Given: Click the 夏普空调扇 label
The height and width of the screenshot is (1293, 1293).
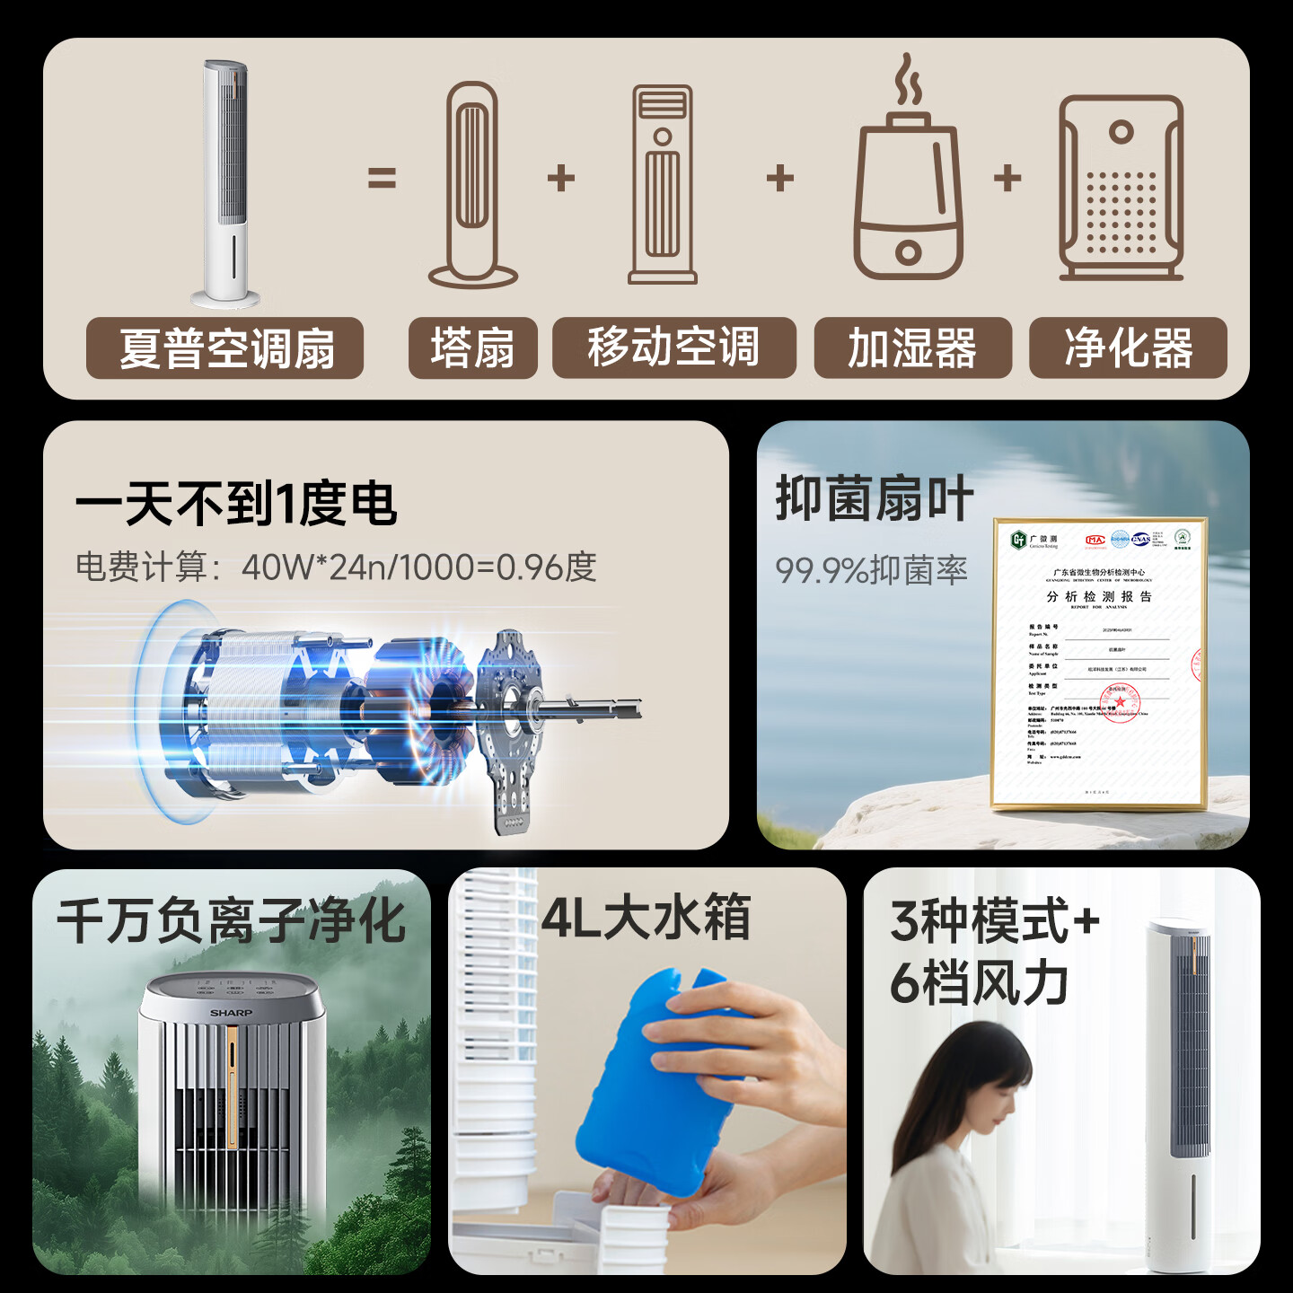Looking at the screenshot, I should click(225, 348).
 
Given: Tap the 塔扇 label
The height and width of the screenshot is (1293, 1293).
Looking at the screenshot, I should click(472, 348).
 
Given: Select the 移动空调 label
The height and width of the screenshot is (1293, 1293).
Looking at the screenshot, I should click(673, 348).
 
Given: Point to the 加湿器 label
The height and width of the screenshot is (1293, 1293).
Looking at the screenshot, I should click(912, 348).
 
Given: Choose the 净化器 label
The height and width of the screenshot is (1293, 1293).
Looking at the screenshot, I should click(1128, 348).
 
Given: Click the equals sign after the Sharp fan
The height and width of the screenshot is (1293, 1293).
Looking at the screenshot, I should click(382, 179).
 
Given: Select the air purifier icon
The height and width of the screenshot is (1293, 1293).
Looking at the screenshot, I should click(1121, 189).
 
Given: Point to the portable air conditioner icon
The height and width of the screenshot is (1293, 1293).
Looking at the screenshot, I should click(663, 185).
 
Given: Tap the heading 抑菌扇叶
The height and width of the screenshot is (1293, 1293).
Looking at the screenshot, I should click(875, 499).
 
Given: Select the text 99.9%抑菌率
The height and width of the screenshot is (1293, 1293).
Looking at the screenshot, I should click(871, 570).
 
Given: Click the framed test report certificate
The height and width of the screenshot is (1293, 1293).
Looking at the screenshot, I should click(1100, 663).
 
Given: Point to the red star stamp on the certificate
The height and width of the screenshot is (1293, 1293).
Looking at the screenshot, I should click(1120, 700).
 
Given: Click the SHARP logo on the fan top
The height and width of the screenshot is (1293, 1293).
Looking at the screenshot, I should click(232, 1013).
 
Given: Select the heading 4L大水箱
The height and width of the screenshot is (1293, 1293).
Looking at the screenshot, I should click(646, 918).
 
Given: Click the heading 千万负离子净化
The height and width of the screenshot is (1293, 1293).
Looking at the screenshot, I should click(232, 921).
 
